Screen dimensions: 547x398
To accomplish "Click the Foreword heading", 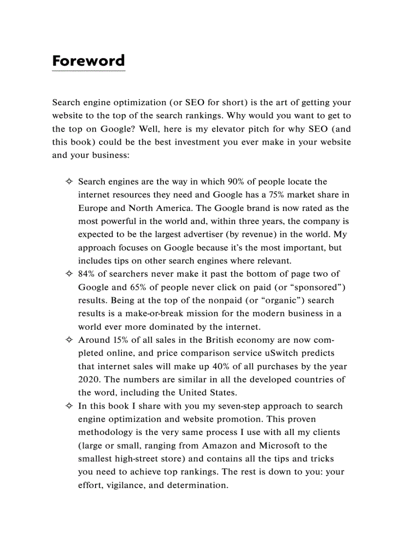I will pyautogui.click(x=88, y=61).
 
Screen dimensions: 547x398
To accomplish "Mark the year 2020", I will pyautogui.click(x=88, y=379).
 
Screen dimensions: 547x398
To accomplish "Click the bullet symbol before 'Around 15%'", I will pyautogui.click(x=69, y=340).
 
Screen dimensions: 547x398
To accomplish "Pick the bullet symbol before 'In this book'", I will pyautogui.click(x=69, y=406).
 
